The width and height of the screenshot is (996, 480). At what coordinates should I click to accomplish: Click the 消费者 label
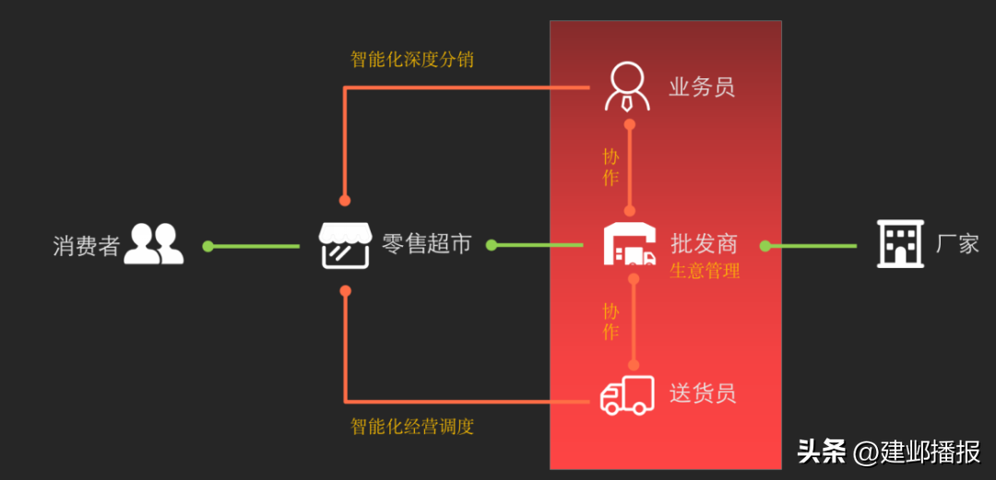tap(87, 246)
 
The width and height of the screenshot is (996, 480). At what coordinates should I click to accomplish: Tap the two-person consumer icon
tap(153, 244)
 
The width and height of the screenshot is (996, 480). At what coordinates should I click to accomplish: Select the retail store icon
tap(345, 245)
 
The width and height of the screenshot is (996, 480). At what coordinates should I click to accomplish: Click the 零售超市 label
tap(427, 244)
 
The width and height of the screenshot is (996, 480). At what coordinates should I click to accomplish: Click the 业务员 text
tap(702, 88)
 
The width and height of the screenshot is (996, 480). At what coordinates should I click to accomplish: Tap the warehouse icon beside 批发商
tap(629, 245)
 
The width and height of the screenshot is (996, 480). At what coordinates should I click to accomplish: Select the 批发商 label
tap(704, 243)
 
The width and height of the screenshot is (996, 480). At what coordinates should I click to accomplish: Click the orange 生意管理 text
tap(705, 271)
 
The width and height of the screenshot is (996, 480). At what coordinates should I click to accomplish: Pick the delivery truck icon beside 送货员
tap(627, 395)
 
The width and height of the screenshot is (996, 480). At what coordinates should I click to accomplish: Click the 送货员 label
tap(703, 393)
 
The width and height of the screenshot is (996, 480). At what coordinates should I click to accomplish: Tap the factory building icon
tap(898, 244)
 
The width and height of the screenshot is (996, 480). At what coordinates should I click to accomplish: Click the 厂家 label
tap(957, 244)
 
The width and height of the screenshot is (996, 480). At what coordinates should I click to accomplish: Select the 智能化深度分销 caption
tap(412, 60)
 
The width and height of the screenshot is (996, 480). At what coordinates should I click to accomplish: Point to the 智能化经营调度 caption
tap(412, 427)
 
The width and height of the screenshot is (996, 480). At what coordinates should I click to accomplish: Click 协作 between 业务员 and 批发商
tap(611, 167)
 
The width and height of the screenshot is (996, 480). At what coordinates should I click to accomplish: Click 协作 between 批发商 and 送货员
tap(611, 320)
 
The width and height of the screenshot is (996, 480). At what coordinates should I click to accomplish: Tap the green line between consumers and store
tap(253, 246)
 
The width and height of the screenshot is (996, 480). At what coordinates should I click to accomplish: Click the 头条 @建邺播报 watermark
tap(888, 452)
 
